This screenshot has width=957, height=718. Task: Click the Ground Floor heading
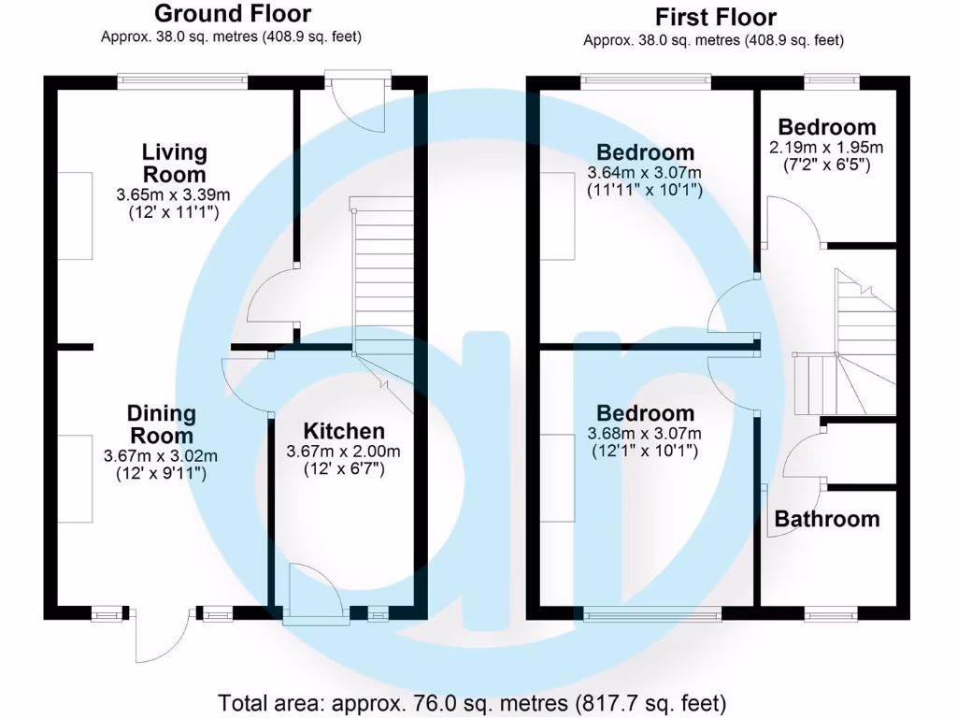point(232,14)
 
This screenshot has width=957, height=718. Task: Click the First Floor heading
point(715,17)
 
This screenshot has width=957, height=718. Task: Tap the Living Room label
point(174,163)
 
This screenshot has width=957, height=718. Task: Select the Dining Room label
point(162,424)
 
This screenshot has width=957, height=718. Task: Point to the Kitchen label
point(344,431)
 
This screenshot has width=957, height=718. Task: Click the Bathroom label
point(826,519)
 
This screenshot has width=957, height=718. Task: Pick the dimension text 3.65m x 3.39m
point(173,195)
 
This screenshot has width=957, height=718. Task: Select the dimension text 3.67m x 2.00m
point(344,452)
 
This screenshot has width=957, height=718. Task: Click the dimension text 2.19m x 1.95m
point(826,148)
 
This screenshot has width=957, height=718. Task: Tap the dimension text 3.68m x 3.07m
point(645,434)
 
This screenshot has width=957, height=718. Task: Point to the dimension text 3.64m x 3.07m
point(645,173)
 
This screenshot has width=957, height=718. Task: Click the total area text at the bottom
point(472,702)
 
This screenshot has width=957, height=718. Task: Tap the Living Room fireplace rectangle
point(76,216)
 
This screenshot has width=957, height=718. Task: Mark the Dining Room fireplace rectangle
point(76,478)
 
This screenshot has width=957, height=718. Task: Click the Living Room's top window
point(182,82)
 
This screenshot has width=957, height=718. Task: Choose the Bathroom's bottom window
point(831,613)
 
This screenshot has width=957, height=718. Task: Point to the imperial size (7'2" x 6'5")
point(826,165)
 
